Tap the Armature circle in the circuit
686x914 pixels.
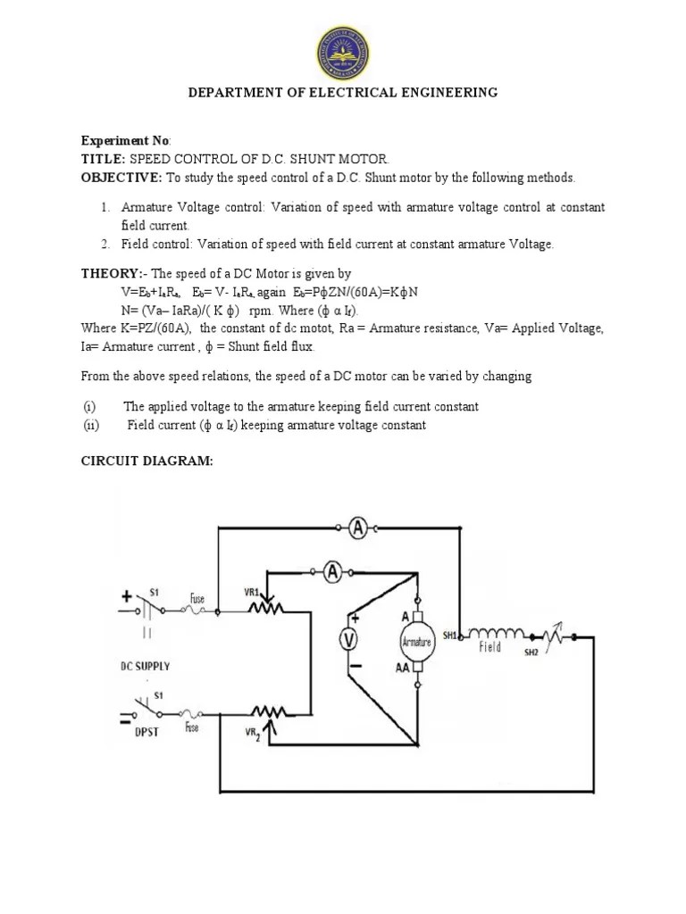(416, 642)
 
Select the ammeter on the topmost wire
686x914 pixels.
(358, 529)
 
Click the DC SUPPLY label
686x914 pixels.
(145, 666)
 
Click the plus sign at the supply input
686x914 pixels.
(127, 595)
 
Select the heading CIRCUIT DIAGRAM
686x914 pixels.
(146, 461)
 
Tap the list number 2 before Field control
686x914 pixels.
(104, 244)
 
